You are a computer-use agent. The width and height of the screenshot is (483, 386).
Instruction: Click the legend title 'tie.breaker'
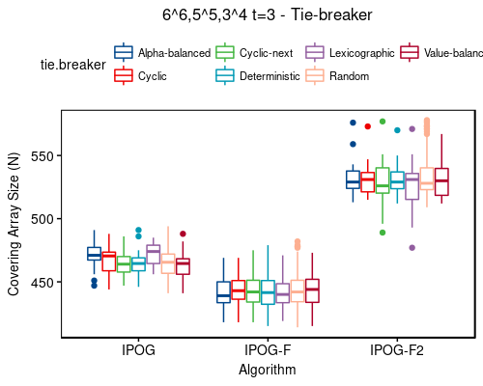(x=71, y=65)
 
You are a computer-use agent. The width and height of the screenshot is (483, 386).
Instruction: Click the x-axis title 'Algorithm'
(x=268, y=370)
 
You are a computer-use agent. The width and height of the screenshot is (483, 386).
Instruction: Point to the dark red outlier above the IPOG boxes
(x=183, y=234)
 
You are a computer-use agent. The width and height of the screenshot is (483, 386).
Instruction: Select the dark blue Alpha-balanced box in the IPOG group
(x=94, y=254)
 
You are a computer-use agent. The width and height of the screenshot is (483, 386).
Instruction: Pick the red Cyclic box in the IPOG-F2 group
(x=367, y=181)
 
